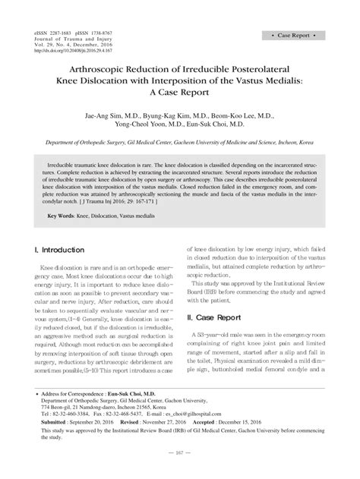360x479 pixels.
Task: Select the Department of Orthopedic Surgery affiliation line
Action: (x=179, y=142)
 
